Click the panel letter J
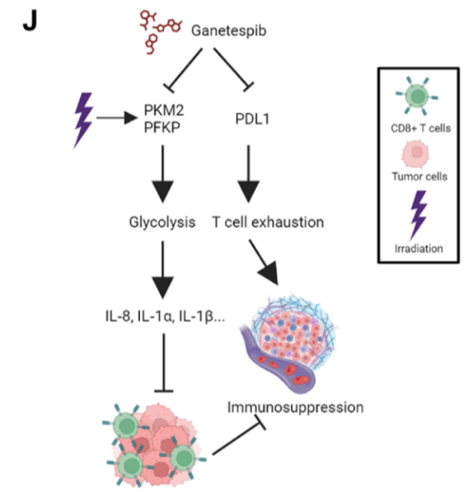[x=30, y=20]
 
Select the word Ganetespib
[x=229, y=31]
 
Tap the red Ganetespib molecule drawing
[x=160, y=31]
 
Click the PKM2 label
[x=163, y=110]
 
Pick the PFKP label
[x=162, y=127]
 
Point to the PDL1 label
[x=252, y=119]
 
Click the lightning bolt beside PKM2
[x=83, y=120]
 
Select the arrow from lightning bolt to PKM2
[x=117, y=118]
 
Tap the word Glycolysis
[x=162, y=222]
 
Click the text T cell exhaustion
[x=268, y=222]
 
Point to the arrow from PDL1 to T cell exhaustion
[x=249, y=174]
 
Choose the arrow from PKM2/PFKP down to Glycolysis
[x=163, y=174]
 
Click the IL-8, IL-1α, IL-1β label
[x=165, y=316]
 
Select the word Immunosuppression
[x=295, y=407]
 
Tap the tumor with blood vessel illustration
[x=288, y=344]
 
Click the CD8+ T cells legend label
[x=420, y=128]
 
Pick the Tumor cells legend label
[x=420, y=176]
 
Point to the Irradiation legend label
[x=419, y=249]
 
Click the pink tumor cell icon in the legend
[x=416, y=154]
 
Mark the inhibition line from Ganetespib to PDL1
[x=232, y=68]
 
